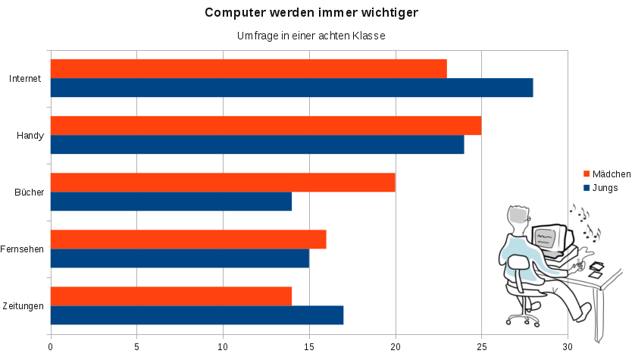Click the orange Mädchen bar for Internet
[249, 69]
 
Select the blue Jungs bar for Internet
[292, 88]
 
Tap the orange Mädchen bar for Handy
[266, 126]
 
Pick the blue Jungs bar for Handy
[257, 145]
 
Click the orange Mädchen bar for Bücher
[223, 183]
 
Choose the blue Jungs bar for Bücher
[171, 202]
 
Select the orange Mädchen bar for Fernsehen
[188, 239]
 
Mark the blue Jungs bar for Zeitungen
[197, 315]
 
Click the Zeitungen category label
[22, 306]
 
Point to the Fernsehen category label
[22, 249]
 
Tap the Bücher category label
[29, 193]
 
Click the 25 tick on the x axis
[481, 347]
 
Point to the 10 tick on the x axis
[223, 347]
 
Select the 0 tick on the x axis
[51, 347]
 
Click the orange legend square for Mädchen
[586, 174]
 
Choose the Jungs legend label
[605, 187]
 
